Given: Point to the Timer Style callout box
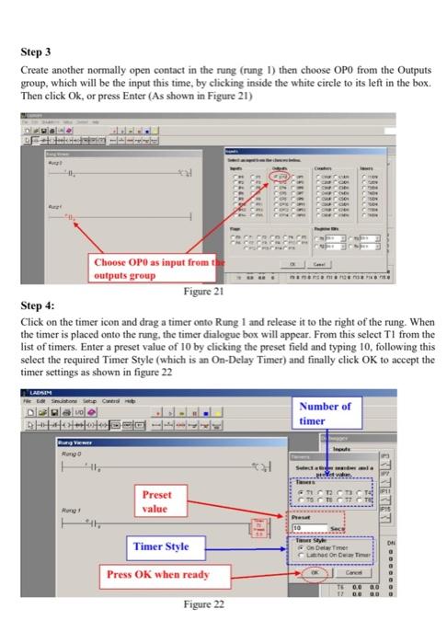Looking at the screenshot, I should point(162,546).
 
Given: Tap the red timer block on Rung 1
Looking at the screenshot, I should point(258,525).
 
